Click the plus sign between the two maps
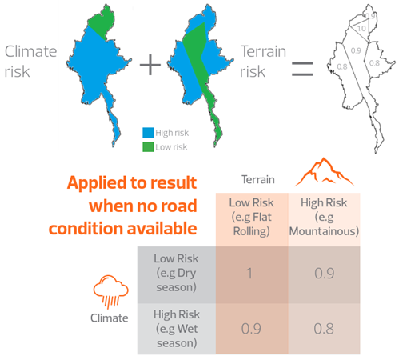pos(150,65)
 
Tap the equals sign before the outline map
pos(302,69)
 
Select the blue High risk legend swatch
pos(148,133)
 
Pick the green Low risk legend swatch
pos(148,146)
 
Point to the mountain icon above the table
pos(324,172)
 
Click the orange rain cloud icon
pos(110,291)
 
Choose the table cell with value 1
pos(252,274)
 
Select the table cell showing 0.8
pos(324,329)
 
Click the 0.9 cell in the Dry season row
pos(324,274)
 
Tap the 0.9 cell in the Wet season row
pos(252,329)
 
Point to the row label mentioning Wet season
pos(177,329)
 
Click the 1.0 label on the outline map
pos(361,28)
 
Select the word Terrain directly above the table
pos(258,179)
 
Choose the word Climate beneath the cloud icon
pos(110,318)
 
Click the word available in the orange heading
pos(162,229)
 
